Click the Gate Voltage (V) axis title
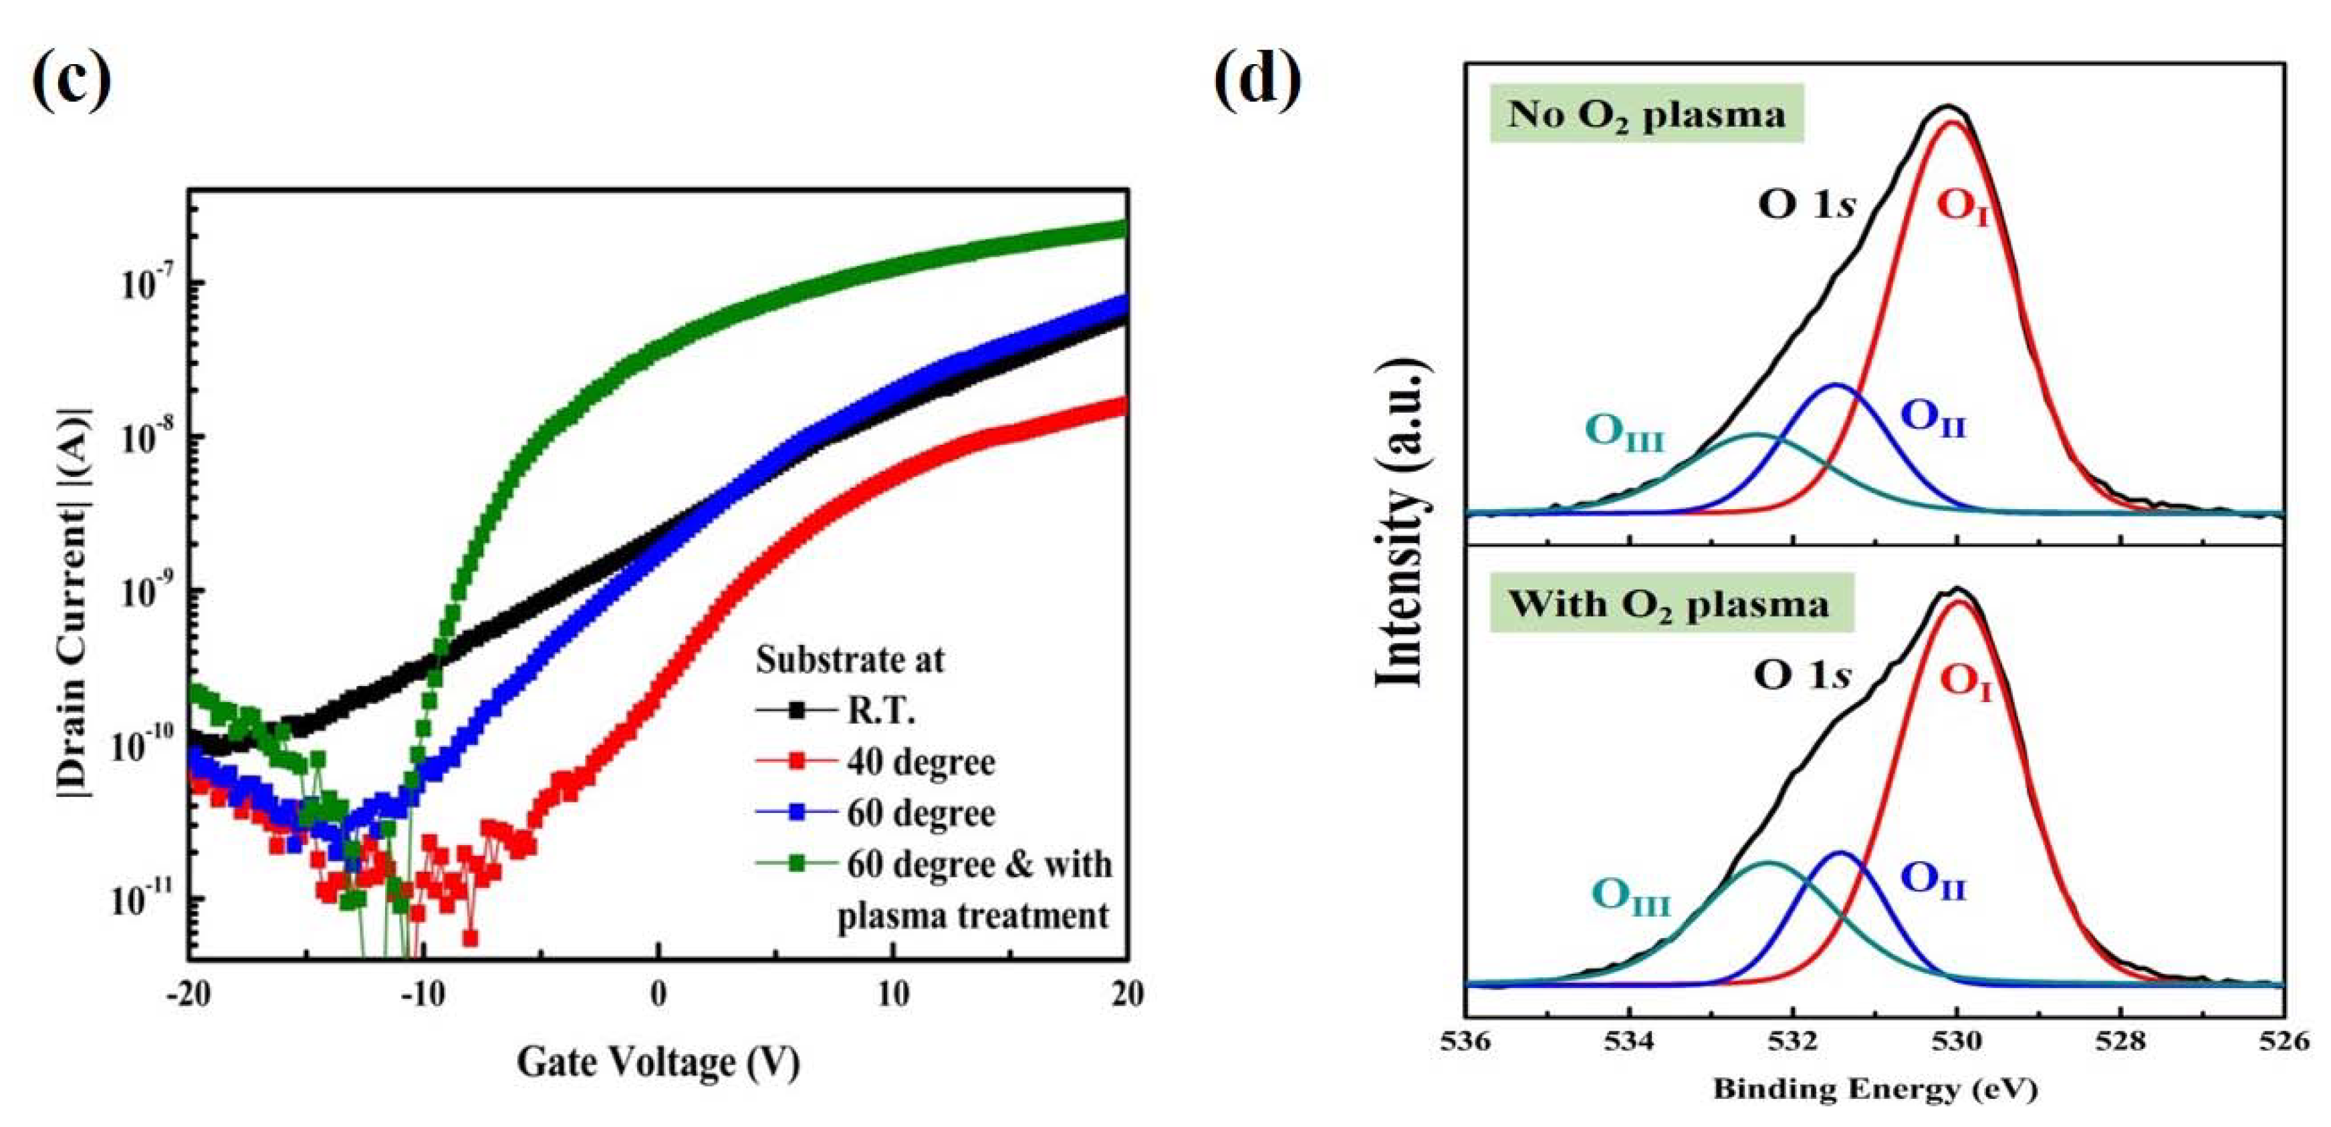click(658, 1062)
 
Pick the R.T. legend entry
click(880, 711)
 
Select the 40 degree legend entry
click(921, 762)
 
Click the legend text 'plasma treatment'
click(973, 917)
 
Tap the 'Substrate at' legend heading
click(850, 659)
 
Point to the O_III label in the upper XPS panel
click(1625, 434)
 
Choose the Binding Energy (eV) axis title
click(1875, 1090)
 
